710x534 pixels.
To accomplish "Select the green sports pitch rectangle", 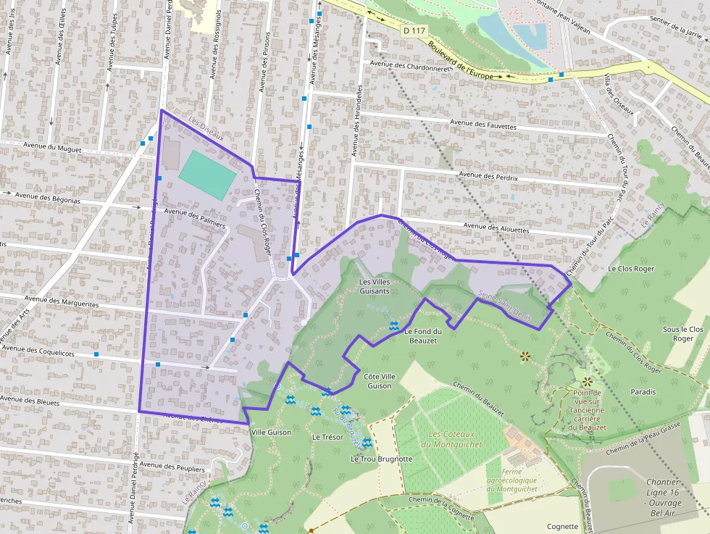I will click(x=207, y=175).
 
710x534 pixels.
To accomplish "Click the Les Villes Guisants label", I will click(x=375, y=286).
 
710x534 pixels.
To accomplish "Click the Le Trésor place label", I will click(x=326, y=437).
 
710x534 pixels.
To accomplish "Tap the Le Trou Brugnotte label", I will click(x=381, y=459).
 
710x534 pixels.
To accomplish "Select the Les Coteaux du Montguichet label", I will click(x=456, y=439).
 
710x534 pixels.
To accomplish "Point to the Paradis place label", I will click(x=643, y=392).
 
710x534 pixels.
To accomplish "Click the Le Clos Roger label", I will click(x=631, y=269).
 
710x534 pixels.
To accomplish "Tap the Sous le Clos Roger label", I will click(x=683, y=333).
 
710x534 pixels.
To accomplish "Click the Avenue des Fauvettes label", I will click(x=483, y=125).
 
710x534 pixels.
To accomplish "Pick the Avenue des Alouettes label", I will click(x=496, y=228).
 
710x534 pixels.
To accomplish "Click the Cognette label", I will click(x=563, y=527).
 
